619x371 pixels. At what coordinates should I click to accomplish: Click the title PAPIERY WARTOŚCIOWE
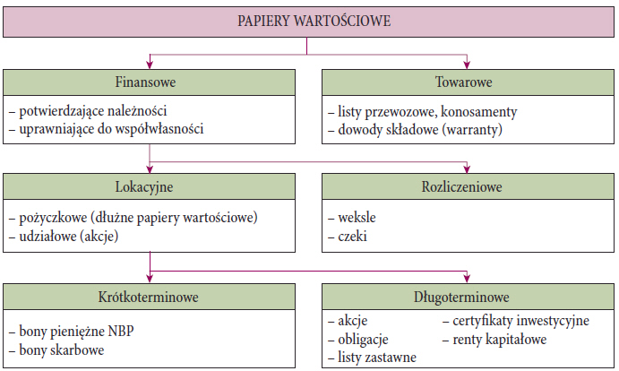(314, 21)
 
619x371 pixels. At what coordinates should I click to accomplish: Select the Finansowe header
(145, 82)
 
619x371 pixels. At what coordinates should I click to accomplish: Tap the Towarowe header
(463, 82)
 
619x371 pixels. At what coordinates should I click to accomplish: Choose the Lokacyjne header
(144, 187)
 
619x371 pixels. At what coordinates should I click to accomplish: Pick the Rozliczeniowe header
(461, 187)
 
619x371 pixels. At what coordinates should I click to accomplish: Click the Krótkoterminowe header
(148, 297)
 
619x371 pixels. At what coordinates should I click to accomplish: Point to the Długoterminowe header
(461, 298)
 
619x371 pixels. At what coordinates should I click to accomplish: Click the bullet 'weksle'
(352, 217)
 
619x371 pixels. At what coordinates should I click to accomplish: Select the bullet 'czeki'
(348, 237)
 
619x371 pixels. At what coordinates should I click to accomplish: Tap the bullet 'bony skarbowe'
(56, 350)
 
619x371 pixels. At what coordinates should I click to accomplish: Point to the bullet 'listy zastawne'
(372, 358)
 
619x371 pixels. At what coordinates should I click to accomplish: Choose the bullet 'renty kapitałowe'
(494, 339)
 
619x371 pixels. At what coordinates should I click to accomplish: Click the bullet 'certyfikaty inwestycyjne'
(516, 321)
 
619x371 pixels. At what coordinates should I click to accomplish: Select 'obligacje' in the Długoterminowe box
(358, 340)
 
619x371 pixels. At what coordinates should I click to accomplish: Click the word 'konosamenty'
(479, 111)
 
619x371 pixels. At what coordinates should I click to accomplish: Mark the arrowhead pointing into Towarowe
(467, 65)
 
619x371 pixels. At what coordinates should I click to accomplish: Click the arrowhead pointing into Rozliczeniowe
(467, 168)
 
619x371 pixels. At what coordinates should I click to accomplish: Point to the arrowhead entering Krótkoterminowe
(150, 278)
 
